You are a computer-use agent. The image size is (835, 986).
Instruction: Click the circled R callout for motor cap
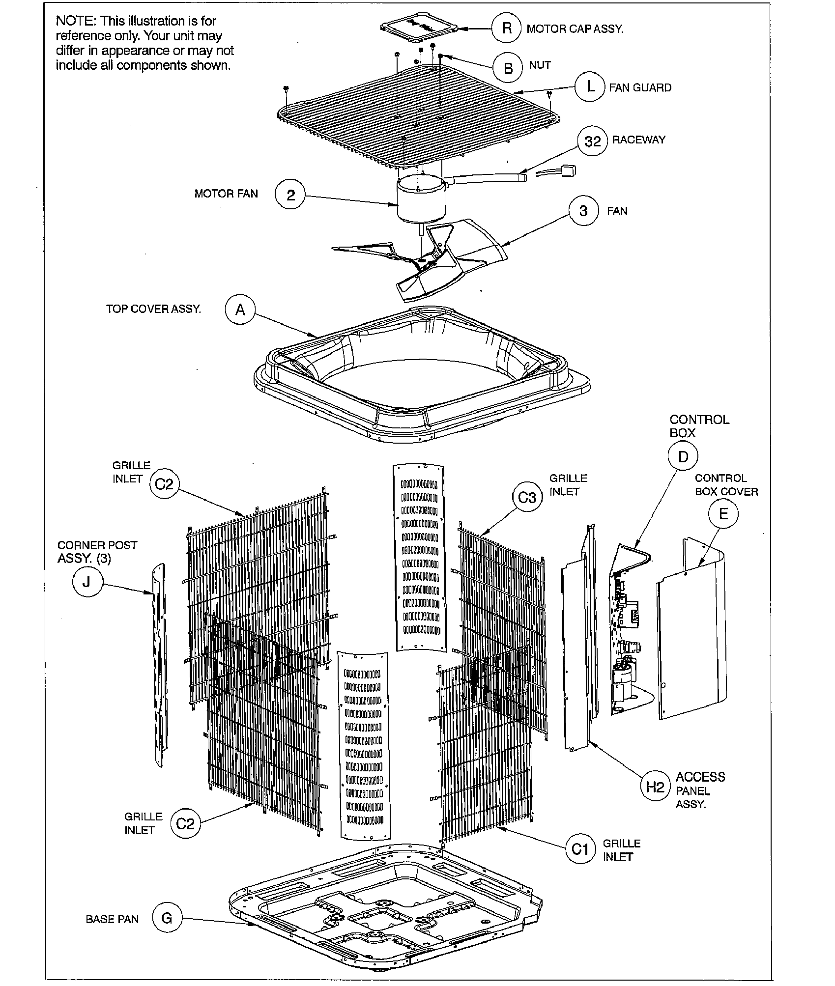tap(507, 28)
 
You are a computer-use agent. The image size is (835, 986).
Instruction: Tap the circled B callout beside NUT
tap(508, 68)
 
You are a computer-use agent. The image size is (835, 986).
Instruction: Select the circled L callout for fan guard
tap(590, 87)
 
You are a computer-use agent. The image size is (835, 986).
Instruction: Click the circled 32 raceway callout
tap(592, 141)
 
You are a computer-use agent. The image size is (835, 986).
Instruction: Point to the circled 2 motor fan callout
tap(291, 196)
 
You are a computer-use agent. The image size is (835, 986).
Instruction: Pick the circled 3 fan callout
tap(583, 211)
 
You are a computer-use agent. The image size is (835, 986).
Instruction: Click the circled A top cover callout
tap(240, 310)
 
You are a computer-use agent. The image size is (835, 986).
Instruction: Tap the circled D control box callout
tap(683, 457)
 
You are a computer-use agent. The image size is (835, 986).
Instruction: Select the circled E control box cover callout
tap(723, 514)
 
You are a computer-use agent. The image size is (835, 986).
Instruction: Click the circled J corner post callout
tap(87, 582)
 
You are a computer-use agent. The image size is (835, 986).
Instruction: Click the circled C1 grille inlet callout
tap(580, 849)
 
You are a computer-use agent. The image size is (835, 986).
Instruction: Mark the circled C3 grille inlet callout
tap(527, 498)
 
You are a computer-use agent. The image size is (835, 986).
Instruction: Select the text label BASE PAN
tap(112, 919)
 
